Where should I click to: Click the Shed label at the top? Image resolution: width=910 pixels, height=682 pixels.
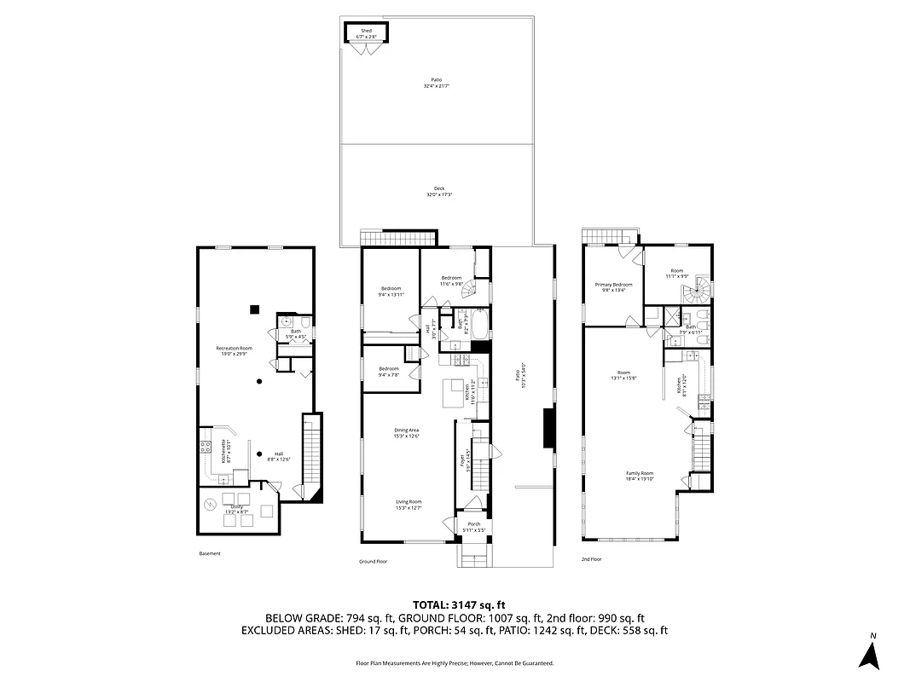point(366,33)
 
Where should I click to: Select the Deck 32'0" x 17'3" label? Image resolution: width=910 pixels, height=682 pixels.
point(438,192)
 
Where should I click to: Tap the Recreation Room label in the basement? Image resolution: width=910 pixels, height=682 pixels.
point(234,351)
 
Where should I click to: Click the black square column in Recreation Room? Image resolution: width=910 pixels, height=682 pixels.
point(254,309)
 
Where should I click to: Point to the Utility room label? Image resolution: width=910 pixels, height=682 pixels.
point(236,509)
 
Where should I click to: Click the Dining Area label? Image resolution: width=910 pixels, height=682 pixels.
point(407,432)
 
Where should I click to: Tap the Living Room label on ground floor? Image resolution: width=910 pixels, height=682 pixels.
point(408,505)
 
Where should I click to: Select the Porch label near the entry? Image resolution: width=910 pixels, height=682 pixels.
point(473,527)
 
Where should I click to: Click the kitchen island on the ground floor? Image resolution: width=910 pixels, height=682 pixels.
point(451,395)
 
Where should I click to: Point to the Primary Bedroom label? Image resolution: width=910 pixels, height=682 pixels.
point(613,287)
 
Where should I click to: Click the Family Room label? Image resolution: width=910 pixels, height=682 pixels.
point(640,476)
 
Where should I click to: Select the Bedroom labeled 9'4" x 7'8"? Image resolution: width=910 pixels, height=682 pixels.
point(389,371)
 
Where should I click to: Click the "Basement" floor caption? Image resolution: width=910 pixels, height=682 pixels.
point(209,553)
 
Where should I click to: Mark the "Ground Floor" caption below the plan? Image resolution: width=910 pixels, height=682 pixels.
point(373,562)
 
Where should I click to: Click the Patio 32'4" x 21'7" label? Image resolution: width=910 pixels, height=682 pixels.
point(436,84)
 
